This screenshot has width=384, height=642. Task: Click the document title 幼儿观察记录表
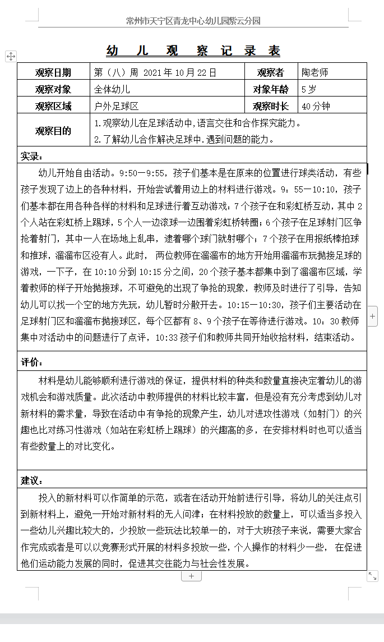point(193,51)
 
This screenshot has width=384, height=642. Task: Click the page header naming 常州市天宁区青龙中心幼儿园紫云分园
point(193,21)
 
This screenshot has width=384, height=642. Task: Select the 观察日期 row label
point(53,72)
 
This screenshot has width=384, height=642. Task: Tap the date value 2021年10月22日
point(179,72)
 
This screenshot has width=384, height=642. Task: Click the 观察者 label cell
point(270,72)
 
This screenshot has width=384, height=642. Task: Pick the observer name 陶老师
point(314,72)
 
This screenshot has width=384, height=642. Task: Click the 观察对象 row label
point(53,89)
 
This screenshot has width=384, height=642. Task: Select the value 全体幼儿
point(112,89)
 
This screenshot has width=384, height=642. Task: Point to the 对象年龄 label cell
point(270,89)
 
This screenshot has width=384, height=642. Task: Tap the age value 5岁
point(309,89)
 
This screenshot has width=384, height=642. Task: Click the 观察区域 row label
point(53,106)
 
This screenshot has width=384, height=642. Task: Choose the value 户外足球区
point(117,106)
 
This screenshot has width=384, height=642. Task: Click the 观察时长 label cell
point(270,106)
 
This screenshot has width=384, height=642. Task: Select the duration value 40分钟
point(316,106)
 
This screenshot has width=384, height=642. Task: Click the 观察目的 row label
point(53,131)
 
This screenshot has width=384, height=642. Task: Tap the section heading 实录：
point(32,156)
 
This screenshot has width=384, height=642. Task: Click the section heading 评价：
point(32,361)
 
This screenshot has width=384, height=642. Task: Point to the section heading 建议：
point(32,480)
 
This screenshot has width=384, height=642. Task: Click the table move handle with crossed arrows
point(11,56)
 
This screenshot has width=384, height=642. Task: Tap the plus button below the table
point(191,576)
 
